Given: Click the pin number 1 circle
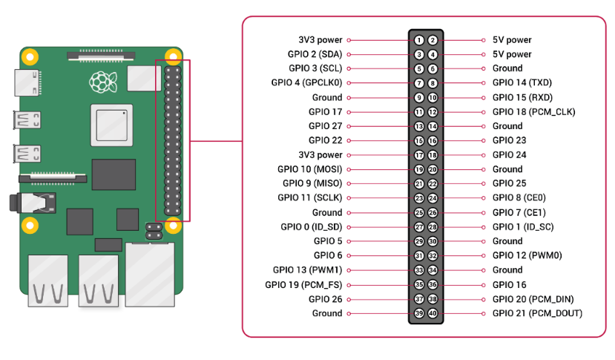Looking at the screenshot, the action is (419, 40).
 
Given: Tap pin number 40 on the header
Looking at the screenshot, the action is (433, 313).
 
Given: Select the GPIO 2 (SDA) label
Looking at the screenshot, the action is (315, 54).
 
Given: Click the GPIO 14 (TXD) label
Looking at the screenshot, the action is (522, 82).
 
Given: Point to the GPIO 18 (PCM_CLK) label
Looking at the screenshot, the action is (534, 112).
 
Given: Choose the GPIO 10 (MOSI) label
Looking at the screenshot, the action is (310, 169).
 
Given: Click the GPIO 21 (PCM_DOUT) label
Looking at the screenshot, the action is (537, 313).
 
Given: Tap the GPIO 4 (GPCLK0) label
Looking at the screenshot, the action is (306, 83).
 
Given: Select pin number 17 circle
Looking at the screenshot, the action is (419, 155).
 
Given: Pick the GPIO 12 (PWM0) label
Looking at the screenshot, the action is (527, 255).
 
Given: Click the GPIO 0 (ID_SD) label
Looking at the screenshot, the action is (312, 227).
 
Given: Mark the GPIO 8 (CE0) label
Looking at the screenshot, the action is (519, 198).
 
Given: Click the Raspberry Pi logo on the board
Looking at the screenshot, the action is (103, 82).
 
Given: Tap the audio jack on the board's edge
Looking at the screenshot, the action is (33, 203).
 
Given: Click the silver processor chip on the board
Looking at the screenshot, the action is (112, 125).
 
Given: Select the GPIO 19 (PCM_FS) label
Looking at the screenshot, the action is (303, 284).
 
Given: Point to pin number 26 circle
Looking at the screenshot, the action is (433, 213).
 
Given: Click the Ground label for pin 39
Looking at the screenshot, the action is (327, 313).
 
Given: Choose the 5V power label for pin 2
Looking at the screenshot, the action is (512, 40).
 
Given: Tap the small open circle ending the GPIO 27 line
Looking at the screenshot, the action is (349, 126).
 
